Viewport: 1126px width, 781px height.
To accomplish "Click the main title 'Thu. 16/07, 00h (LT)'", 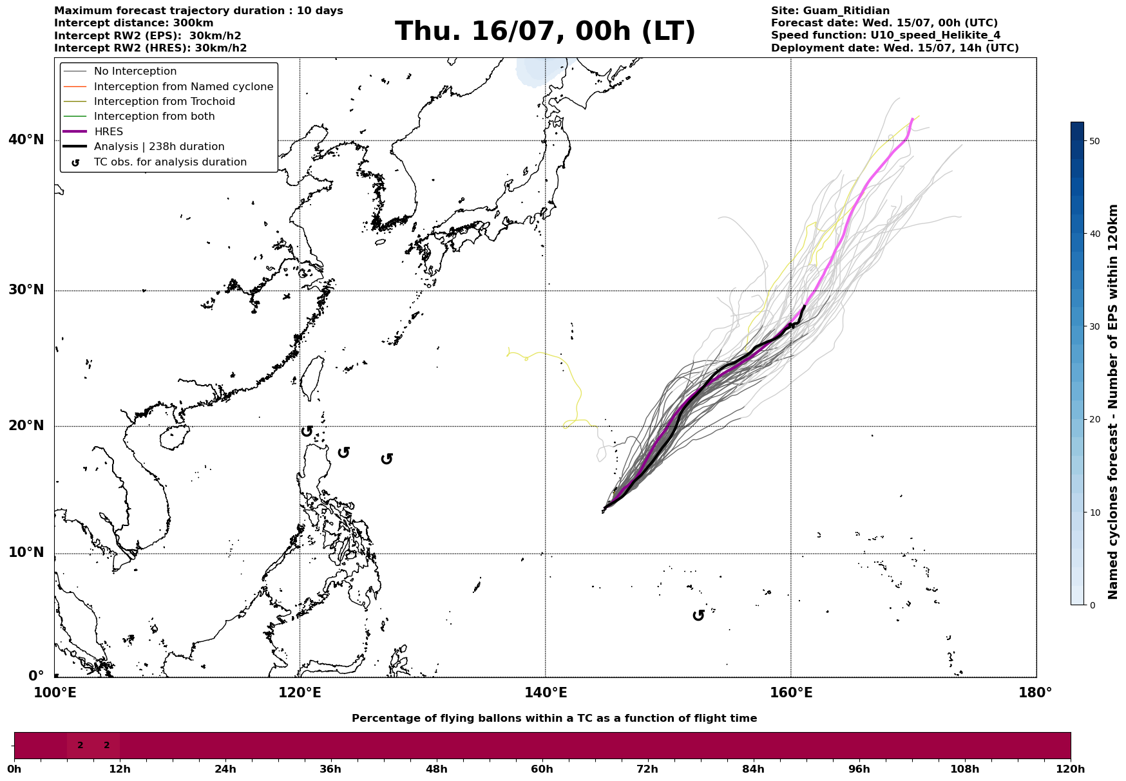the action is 545,32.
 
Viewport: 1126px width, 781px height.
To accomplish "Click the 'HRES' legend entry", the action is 108,132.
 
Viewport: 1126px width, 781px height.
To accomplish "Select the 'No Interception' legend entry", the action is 135,71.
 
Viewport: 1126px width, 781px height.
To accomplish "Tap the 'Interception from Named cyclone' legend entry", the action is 184,87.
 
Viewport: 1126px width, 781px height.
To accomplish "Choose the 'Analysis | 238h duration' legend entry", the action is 159,147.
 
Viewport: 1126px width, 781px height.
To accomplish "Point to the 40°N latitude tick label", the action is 26,140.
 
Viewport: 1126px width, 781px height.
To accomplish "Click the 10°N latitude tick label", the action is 26,553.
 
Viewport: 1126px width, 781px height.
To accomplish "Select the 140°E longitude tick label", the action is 546,693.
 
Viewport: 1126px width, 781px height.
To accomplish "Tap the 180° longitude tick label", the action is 1035,693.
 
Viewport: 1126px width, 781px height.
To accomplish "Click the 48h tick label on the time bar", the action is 436,769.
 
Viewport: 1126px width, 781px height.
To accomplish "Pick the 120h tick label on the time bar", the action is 1071,769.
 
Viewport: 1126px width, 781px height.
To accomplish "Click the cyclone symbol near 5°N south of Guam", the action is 698,616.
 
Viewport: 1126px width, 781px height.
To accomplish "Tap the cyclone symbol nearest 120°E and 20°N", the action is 307,431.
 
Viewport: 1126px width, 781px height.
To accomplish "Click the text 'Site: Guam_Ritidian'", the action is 830,11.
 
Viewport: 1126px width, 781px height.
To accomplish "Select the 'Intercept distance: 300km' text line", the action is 134,24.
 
